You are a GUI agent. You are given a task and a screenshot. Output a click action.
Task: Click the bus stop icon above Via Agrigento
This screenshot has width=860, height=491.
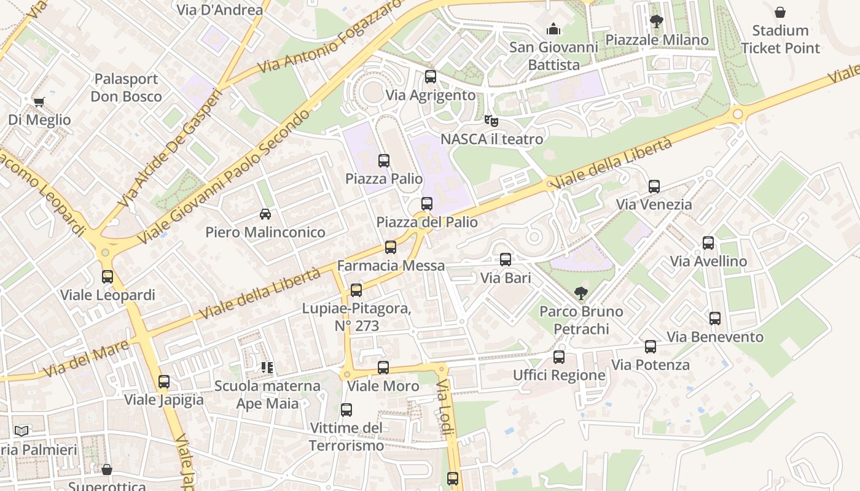coord(431,77)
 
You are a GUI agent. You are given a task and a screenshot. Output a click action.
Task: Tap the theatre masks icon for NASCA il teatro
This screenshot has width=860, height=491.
coord(491,120)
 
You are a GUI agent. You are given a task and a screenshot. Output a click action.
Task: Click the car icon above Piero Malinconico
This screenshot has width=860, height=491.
coord(265,214)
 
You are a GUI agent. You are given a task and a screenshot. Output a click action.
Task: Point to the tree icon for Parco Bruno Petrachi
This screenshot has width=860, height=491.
coord(580,293)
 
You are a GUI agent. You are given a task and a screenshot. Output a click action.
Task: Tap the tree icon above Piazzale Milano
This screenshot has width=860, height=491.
coord(657,21)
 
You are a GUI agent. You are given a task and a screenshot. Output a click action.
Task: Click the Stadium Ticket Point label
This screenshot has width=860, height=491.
coord(780,39)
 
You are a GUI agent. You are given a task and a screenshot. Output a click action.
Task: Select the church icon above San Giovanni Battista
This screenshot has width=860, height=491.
coord(553,29)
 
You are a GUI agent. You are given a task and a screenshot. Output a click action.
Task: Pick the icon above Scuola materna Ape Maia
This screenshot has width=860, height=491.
coord(267,368)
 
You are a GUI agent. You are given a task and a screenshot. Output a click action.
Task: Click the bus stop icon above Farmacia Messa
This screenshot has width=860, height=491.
coord(391,247)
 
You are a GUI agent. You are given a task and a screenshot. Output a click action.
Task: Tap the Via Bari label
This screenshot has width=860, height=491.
coord(506,278)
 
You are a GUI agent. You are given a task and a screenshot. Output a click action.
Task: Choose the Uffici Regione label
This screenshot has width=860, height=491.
coord(559,375)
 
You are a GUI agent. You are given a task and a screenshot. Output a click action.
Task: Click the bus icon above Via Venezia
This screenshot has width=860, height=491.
coord(654,186)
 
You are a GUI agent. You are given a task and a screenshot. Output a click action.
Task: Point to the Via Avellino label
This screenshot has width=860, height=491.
coord(708,261)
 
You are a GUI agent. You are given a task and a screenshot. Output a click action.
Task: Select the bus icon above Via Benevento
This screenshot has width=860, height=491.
coord(715,319)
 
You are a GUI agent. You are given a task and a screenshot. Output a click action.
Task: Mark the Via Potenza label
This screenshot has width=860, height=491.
coord(651,365)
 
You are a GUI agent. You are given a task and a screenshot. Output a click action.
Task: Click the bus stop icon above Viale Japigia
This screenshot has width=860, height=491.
coord(164,381)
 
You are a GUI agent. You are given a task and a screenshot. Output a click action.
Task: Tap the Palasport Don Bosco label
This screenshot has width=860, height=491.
coord(126,88)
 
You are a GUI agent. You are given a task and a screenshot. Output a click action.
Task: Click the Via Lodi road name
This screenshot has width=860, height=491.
coord(445,408)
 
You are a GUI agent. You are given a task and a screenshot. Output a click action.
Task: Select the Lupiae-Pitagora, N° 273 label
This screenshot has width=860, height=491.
coord(356,317)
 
